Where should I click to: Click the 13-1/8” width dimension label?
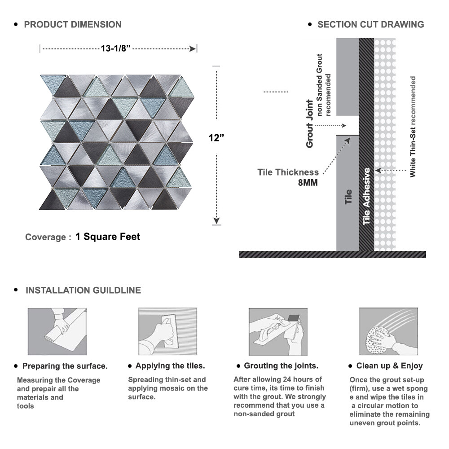coord(116,48)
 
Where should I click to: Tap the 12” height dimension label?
coord(216,138)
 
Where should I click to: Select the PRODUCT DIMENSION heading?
coord(73,24)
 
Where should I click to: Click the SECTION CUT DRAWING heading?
coord(370,24)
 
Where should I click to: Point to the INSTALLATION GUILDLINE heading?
coord(83,291)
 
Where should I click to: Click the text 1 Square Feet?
coord(108,237)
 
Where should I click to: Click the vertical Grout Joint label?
coord(309,123)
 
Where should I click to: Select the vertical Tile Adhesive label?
coord(366,196)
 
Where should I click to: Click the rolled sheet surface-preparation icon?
coord(57,331)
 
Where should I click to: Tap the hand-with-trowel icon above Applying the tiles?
coord(167,331)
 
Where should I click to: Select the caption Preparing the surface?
coord(65,366)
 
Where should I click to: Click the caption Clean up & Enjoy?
coord(389,366)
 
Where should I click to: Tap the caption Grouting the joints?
coord(281,366)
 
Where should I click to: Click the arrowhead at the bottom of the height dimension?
coord(216,220)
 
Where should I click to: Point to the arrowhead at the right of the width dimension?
coord(194,48)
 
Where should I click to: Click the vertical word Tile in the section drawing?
coord(348,197)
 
